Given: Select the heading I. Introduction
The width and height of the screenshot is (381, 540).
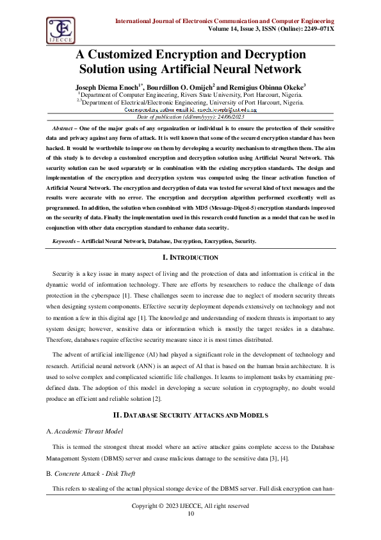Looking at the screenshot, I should pos(190,257).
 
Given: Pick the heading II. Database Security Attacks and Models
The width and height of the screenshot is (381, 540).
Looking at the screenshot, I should pos(190,397).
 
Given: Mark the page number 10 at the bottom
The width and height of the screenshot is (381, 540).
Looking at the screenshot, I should pos(190,514).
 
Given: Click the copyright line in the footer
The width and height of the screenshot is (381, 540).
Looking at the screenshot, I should pos(190,506).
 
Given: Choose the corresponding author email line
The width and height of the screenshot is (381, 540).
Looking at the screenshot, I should pos(190,110).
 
